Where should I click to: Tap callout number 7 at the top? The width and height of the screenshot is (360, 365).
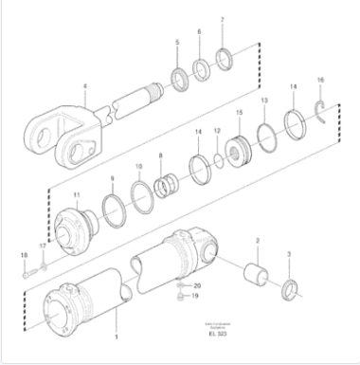222,20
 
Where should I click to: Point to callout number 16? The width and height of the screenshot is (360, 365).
320,80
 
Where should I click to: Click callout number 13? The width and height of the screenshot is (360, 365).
263,100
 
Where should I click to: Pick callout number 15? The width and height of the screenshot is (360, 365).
238,113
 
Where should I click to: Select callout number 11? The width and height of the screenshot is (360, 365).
78,195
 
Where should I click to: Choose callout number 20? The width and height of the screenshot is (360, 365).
197,285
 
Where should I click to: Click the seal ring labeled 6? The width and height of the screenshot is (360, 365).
200,69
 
